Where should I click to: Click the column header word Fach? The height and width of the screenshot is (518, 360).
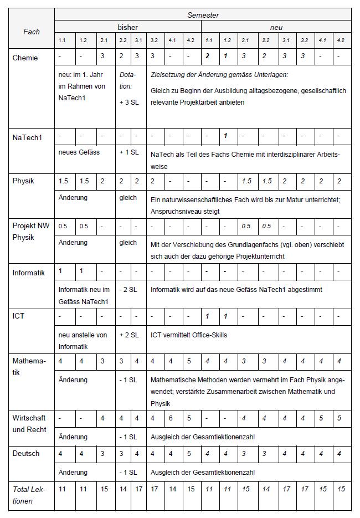(32, 32)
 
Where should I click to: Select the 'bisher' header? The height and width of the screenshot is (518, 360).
(127, 27)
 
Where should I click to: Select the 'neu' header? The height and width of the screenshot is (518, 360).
(276, 27)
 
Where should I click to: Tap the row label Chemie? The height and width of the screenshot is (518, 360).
(25, 58)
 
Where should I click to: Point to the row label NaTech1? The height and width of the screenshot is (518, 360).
(27, 137)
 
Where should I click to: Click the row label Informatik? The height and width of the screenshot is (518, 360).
(29, 272)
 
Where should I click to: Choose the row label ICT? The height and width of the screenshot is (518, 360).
(18, 316)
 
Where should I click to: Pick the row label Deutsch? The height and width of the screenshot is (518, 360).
(26, 453)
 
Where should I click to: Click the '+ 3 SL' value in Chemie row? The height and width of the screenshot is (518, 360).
(128, 102)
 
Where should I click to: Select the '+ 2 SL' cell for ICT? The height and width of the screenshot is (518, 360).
(129, 335)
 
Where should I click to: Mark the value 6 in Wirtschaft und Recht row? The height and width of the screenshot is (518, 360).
(172, 418)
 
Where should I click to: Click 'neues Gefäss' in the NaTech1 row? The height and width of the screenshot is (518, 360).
(79, 152)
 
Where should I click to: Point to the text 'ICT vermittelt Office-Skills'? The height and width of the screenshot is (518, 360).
(188, 335)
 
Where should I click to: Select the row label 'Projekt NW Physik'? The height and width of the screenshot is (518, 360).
(31, 231)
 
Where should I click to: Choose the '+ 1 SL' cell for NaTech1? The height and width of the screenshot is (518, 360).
(129, 152)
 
